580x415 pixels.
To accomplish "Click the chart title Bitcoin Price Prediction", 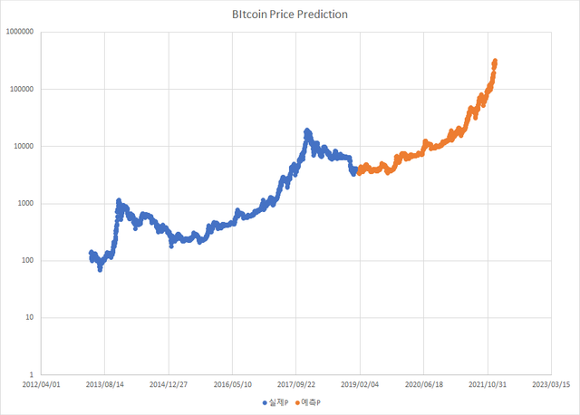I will point(289,15).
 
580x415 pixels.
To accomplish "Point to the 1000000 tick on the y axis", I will point(20,32).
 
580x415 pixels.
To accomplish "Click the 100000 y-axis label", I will point(22,89).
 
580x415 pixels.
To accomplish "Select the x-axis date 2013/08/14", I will point(104,384).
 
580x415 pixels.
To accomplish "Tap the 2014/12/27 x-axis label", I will point(169,384).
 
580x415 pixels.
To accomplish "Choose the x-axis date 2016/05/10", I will point(233,384).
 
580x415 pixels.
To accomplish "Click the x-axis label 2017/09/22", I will point(296,384).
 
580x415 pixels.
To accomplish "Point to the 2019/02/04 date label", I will point(361,384).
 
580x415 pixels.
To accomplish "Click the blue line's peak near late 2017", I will point(307,131).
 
